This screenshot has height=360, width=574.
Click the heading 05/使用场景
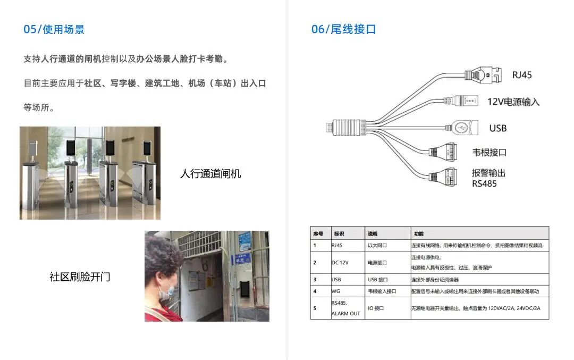54,29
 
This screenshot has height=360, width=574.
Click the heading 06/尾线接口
343,29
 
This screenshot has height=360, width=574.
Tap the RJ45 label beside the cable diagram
521,75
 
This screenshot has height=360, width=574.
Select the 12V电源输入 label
513,102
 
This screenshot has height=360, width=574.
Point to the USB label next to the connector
497,128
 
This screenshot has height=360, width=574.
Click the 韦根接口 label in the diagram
489,153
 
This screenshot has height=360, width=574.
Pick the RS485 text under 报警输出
484,184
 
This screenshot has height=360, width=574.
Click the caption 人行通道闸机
210,174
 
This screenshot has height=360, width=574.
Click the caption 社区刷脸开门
80,277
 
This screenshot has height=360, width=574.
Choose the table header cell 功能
419,233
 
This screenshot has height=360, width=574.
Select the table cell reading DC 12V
340,263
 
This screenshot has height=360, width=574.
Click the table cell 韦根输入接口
382,291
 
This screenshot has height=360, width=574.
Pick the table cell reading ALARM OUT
345,314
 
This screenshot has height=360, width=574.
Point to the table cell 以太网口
377,246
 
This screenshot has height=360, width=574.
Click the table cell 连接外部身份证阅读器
434,280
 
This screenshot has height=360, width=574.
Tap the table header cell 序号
318,233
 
